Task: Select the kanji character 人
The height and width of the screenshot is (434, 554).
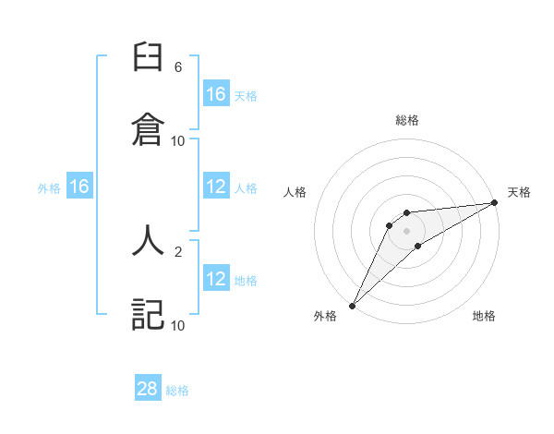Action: (148, 240)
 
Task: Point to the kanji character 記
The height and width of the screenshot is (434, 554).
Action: (148, 314)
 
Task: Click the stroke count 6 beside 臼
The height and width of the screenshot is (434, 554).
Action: (178, 67)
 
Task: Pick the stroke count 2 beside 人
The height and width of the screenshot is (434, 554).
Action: (178, 250)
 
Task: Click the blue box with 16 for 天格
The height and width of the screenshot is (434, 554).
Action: (216, 94)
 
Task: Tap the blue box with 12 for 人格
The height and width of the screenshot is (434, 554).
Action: (216, 187)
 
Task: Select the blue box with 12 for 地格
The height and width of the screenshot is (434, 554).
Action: (216, 279)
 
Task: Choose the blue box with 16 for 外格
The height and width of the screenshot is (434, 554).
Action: (79, 187)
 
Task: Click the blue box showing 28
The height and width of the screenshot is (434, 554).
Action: (148, 389)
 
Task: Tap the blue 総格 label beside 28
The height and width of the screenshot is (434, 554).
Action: (177, 391)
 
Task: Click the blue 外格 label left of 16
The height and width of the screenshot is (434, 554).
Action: (49, 188)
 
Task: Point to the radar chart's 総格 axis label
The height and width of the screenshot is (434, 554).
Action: (407, 120)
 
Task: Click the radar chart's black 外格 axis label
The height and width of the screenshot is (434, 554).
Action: (325, 317)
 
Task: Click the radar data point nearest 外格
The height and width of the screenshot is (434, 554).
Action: (352, 305)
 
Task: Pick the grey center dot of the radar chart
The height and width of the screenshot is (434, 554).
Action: (407, 230)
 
